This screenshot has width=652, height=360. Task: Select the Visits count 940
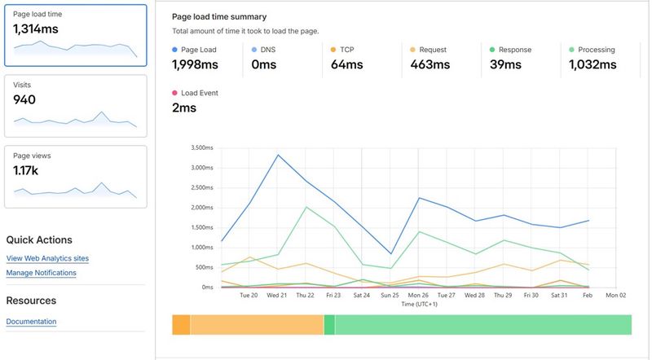24,99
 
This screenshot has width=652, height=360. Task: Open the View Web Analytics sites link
47,258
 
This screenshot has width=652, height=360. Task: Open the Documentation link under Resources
31,322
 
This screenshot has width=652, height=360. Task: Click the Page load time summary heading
219,16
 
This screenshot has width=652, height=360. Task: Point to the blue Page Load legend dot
175,50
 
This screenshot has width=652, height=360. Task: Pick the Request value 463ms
431,65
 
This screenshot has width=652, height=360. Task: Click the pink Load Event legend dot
175,93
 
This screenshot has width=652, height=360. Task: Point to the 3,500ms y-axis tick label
200,148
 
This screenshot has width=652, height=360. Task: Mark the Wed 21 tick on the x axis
278,295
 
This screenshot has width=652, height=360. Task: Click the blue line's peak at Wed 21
278,155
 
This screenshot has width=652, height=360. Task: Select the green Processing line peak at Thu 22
306,207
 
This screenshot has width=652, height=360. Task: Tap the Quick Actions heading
39,240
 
